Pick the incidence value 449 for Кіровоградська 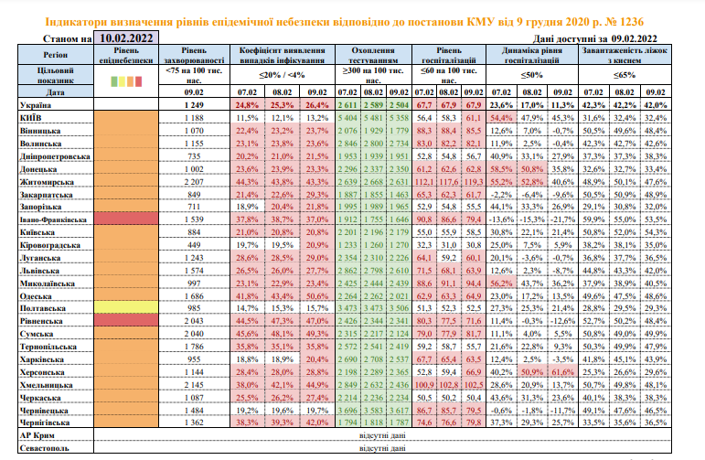pyautogui.click(x=193, y=245)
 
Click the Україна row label pyautogui.click(x=37, y=106)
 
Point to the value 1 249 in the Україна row pyautogui.click(x=193, y=106)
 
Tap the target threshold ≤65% pyautogui.click(x=625, y=74)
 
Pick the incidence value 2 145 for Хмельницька pyautogui.click(x=193, y=385)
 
